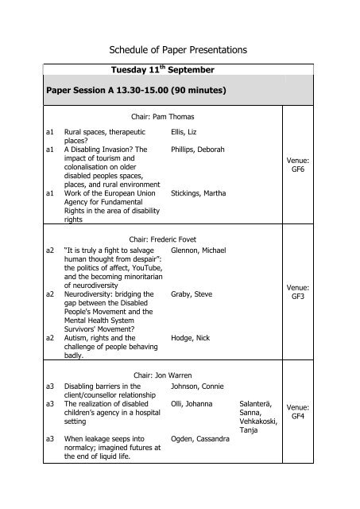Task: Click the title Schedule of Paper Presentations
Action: [x=179, y=49]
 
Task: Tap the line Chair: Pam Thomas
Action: [x=165, y=116]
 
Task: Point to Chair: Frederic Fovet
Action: [x=165, y=238]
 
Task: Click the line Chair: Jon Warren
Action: [x=165, y=374]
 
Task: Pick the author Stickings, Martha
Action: [x=198, y=192]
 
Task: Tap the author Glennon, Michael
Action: [x=198, y=251]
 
